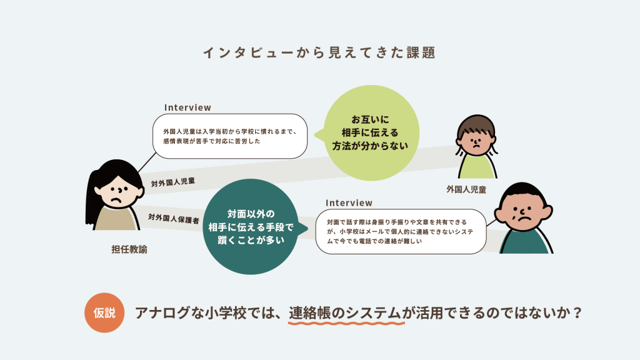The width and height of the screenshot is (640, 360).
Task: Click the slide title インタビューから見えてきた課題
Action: coord(319,52)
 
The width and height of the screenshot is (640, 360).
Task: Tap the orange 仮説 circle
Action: coord(104,312)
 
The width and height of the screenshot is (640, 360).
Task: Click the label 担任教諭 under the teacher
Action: coord(129,249)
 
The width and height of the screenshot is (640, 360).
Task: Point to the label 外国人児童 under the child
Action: coord(466,189)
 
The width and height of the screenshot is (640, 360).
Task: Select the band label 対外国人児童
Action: coord(173,182)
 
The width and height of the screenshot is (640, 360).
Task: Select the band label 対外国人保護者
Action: coord(174,219)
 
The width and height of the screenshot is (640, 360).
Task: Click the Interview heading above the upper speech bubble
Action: coord(187,107)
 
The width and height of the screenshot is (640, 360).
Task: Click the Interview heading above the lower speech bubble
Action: coord(349,203)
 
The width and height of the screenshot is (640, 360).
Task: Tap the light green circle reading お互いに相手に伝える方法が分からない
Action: coord(371,132)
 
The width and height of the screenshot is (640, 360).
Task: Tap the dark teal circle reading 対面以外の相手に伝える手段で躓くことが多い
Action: coord(251,226)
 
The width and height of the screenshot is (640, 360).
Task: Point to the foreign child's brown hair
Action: coord(476,126)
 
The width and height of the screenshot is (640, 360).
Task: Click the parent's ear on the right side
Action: coord(547,212)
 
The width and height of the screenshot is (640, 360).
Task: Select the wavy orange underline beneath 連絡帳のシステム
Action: coord(346,323)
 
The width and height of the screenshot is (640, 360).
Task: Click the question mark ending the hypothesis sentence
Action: coord(577,313)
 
